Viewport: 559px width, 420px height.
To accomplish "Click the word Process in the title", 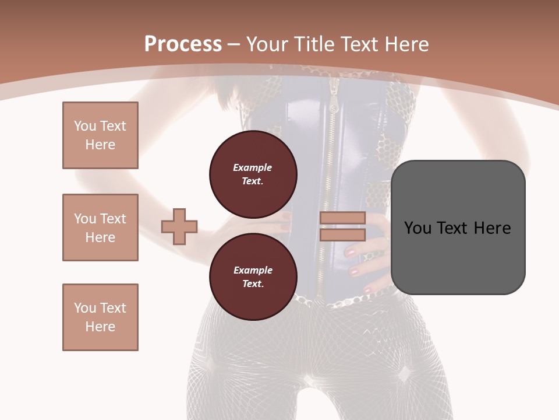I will point(183,44).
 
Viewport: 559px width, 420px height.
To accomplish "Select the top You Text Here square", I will point(100,135).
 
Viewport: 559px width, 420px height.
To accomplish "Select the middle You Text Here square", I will point(100,228).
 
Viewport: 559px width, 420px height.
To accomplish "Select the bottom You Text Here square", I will point(100,317).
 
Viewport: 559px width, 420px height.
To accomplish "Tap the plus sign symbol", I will point(179,226).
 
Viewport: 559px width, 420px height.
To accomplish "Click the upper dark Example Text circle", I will point(253,174).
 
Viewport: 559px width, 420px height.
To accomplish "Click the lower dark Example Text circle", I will point(253,277).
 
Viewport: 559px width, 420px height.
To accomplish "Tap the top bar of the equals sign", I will point(342,218).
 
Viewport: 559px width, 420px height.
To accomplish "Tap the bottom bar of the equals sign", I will point(342,235).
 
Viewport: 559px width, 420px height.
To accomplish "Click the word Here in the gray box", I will point(492,228).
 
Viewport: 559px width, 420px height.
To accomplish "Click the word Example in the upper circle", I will point(252,168).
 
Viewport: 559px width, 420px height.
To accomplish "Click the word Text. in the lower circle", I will point(252,284).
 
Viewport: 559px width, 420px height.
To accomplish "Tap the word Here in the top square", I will point(100,145).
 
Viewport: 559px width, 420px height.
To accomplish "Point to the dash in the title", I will point(233,44).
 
